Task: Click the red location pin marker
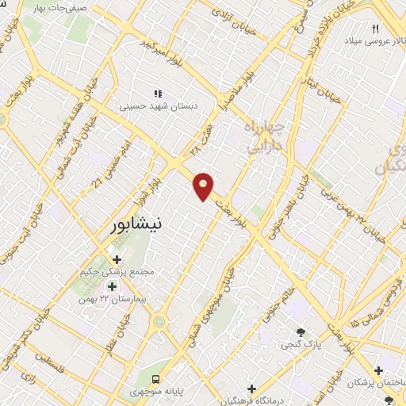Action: click(204, 186)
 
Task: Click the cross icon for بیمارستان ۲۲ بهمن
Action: click(112, 286)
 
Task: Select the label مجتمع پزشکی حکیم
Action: click(117, 272)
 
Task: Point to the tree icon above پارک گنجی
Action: click(300, 331)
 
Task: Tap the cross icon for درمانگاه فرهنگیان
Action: click(251, 389)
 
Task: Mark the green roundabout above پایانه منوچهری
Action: click(160, 322)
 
